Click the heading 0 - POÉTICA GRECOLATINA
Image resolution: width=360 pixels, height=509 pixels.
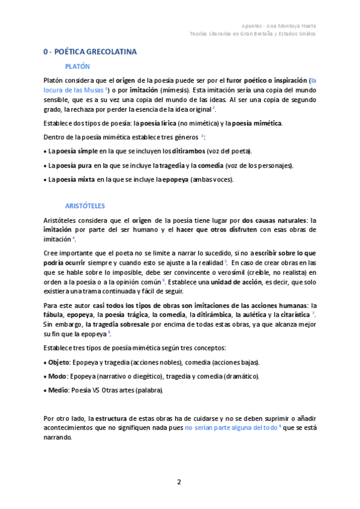point(90,52)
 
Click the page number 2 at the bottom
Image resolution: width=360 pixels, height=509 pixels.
point(179,482)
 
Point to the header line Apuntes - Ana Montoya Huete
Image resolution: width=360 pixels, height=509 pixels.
point(278,26)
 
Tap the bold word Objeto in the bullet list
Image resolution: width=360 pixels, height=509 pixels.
point(59,363)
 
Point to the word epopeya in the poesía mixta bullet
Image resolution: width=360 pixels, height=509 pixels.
point(174,179)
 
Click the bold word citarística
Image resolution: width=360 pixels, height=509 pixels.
point(293,314)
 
